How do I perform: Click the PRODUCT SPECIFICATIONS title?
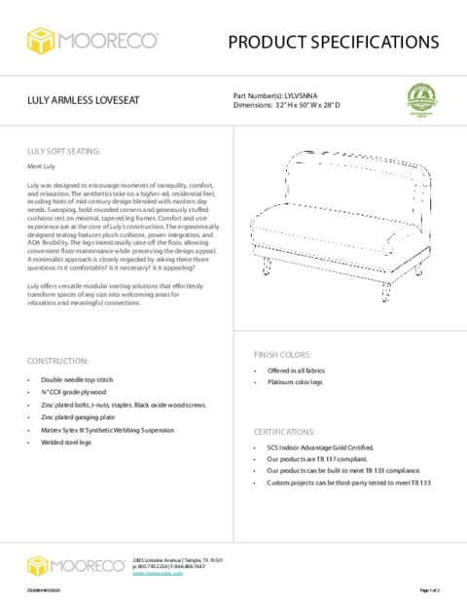(334, 42)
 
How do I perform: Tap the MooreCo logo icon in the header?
(41, 42)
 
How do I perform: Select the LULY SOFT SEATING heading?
(63, 153)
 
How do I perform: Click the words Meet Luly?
(41, 167)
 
